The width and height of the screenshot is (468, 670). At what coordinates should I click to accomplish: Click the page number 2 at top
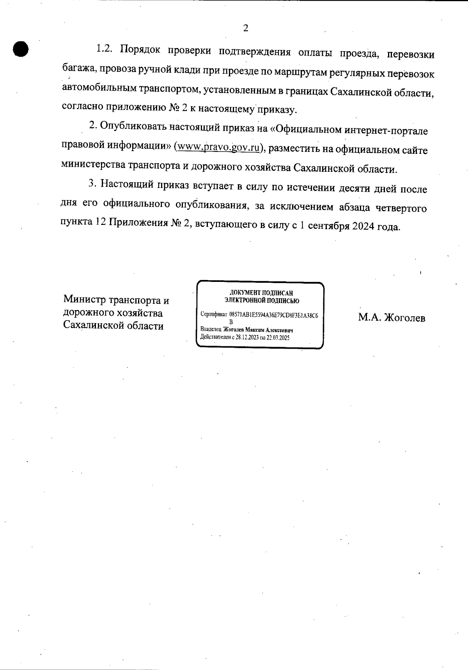pos(245,28)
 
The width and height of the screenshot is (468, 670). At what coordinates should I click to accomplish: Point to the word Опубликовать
pos(134,126)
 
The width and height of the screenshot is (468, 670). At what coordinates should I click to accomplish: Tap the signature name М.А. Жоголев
pos(392,318)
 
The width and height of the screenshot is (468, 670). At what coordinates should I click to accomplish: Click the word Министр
pos(84,300)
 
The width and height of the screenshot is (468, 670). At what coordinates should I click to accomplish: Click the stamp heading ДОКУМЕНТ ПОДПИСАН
pos(261,293)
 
